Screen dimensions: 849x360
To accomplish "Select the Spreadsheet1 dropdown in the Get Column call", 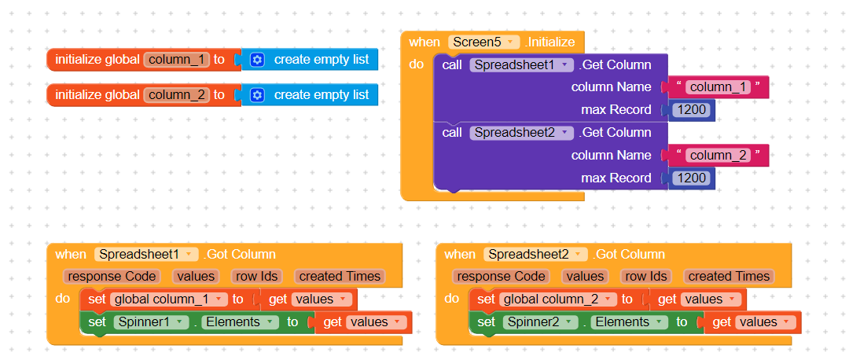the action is click(x=521, y=65).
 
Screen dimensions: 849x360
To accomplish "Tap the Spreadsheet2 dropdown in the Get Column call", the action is click(x=521, y=133).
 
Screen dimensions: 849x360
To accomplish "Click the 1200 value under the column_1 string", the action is click(x=691, y=110).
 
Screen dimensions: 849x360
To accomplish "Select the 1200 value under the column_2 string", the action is click(x=691, y=178).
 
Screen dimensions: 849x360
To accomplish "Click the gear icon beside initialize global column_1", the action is click(x=257, y=60).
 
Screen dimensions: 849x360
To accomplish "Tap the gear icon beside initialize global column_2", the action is click(x=257, y=95).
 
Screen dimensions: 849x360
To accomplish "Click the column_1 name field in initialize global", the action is click(x=177, y=60).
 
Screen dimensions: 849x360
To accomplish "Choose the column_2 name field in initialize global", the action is click(x=177, y=95).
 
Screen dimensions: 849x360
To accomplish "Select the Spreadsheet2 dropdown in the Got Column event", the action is click(x=535, y=255).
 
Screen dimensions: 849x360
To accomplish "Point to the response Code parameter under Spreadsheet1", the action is click(x=112, y=277).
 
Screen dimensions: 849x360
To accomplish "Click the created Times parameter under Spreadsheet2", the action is click(x=729, y=277).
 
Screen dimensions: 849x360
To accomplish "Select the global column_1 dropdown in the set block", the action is click(x=169, y=299).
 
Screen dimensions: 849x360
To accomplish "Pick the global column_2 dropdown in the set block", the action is click(x=558, y=299).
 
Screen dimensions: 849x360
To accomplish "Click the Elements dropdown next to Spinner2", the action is click(x=629, y=322).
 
